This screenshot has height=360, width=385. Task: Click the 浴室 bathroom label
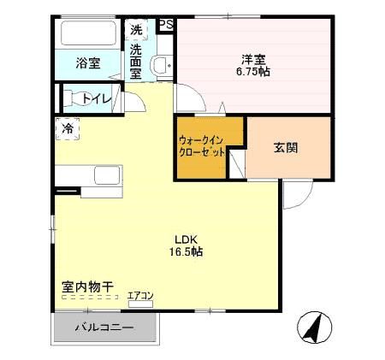(87, 62)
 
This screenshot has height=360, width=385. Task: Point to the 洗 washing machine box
(137, 30)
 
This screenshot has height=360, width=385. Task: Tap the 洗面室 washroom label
(137, 62)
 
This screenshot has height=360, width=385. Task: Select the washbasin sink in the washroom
(160, 65)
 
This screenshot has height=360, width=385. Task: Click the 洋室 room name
(253, 60)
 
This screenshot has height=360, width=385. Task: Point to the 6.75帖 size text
(253, 74)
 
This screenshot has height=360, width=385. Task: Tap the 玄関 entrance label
(286, 147)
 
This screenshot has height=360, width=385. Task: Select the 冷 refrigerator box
(67, 128)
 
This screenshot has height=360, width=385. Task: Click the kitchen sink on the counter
(107, 177)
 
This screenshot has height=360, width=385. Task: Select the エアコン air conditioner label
(140, 296)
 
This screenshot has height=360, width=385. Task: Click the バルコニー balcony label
(104, 328)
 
